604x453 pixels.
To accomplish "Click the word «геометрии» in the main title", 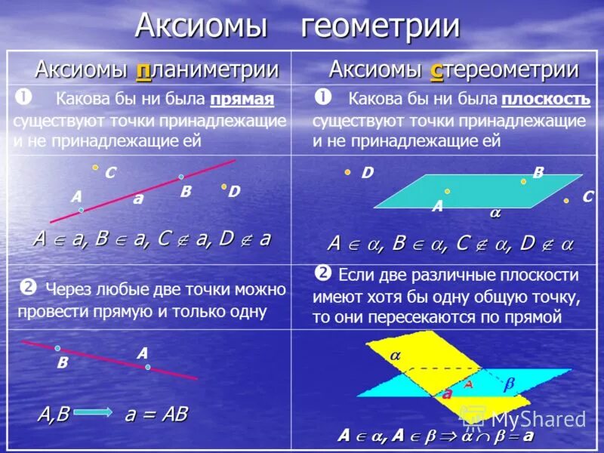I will pos(381,26).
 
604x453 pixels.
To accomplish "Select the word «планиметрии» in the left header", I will pos(207,70).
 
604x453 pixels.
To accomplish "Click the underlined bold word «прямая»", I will pos(242,99).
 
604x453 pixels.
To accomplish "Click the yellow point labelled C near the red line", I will pos(95,168).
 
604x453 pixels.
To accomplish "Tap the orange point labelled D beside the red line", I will pos(224,186).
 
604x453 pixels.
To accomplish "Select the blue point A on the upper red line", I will pos(82,210).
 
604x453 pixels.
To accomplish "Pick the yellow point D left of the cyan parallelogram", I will pos(347,172).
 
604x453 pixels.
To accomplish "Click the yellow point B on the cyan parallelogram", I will pos(523,181).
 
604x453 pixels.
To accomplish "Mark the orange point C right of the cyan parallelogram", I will pos(566,201).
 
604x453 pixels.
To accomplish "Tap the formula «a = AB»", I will pos(155,414).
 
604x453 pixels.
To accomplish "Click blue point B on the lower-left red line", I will pos(57,348).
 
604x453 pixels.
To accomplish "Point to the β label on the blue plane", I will pos(509,384).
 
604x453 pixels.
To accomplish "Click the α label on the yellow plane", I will pos(395,354).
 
